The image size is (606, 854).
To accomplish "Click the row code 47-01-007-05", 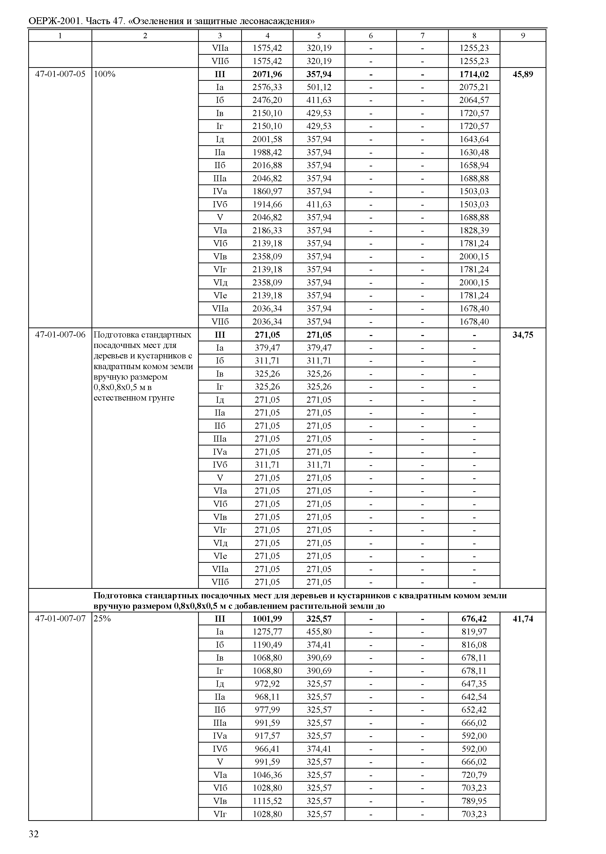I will [x=60, y=74].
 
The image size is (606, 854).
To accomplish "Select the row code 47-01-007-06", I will [x=60, y=335].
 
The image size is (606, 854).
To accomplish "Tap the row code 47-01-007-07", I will [x=60, y=618].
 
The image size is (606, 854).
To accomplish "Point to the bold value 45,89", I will [x=523, y=74].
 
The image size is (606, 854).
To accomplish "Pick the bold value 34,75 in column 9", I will [x=523, y=335].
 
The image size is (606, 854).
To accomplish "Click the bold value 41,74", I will [x=523, y=618].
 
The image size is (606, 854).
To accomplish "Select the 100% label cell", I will [x=104, y=74].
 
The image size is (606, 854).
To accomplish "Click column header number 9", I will [x=523, y=36].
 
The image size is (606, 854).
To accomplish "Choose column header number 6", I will [x=371, y=36].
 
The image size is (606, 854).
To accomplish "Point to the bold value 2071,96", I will [x=267, y=74].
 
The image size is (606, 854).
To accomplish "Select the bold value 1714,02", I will [x=474, y=74].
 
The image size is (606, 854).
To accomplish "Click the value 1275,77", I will [x=267, y=632].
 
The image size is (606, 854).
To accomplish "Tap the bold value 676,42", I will [x=474, y=618].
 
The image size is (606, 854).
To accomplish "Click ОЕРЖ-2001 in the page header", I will [x=55, y=21].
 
